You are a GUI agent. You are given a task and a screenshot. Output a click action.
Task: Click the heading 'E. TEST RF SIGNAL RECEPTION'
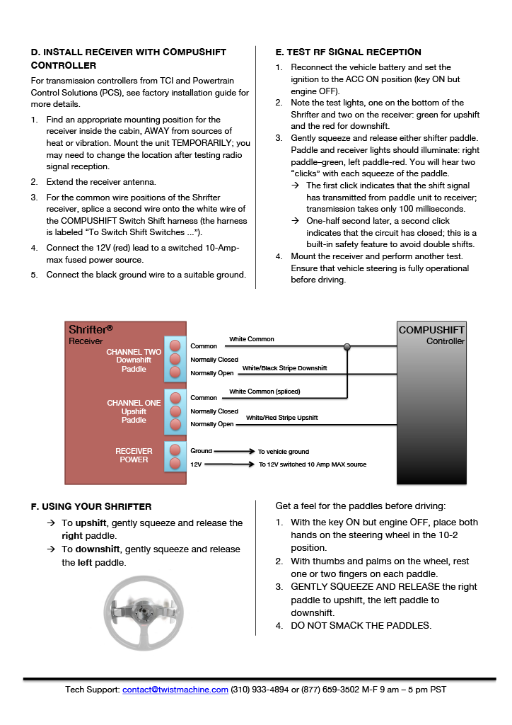(348, 52)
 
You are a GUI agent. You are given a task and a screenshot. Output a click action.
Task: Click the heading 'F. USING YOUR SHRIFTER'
(91, 507)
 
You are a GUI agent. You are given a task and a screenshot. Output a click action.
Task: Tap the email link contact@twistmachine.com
(175, 690)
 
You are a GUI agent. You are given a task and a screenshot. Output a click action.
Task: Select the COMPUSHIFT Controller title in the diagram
(431, 335)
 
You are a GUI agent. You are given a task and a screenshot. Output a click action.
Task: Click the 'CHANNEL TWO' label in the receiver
(134, 352)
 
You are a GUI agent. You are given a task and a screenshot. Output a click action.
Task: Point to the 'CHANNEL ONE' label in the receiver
(134, 403)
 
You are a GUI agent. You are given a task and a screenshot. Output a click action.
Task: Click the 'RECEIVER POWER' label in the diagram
(134, 455)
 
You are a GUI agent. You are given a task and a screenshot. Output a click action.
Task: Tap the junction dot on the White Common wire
(347, 347)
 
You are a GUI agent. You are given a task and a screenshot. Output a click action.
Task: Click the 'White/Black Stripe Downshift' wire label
(284, 368)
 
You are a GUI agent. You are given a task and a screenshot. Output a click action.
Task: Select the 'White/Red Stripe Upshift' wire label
(281, 418)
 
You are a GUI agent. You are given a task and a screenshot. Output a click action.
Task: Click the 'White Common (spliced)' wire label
(264, 392)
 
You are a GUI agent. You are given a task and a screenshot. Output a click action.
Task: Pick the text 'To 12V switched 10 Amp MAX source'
(313, 464)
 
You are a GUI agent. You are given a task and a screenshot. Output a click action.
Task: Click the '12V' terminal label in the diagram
(197, 464)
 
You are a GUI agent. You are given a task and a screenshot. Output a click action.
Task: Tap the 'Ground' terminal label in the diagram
(201, 451)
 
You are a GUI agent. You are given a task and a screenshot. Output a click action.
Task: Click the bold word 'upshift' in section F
(91, 523)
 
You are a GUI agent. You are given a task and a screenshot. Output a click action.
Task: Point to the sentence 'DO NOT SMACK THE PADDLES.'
(361, 625)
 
